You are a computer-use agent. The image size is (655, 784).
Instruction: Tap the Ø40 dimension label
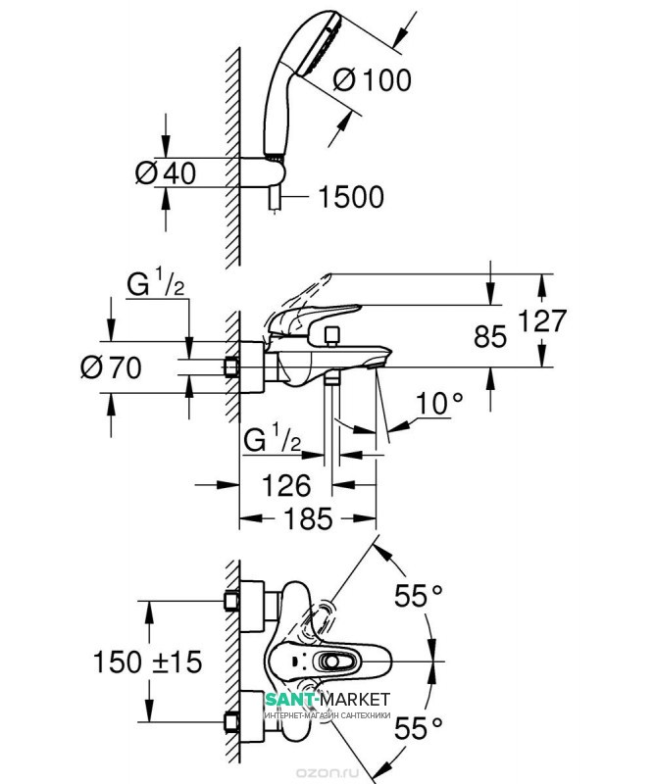(x=165, y=173)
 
